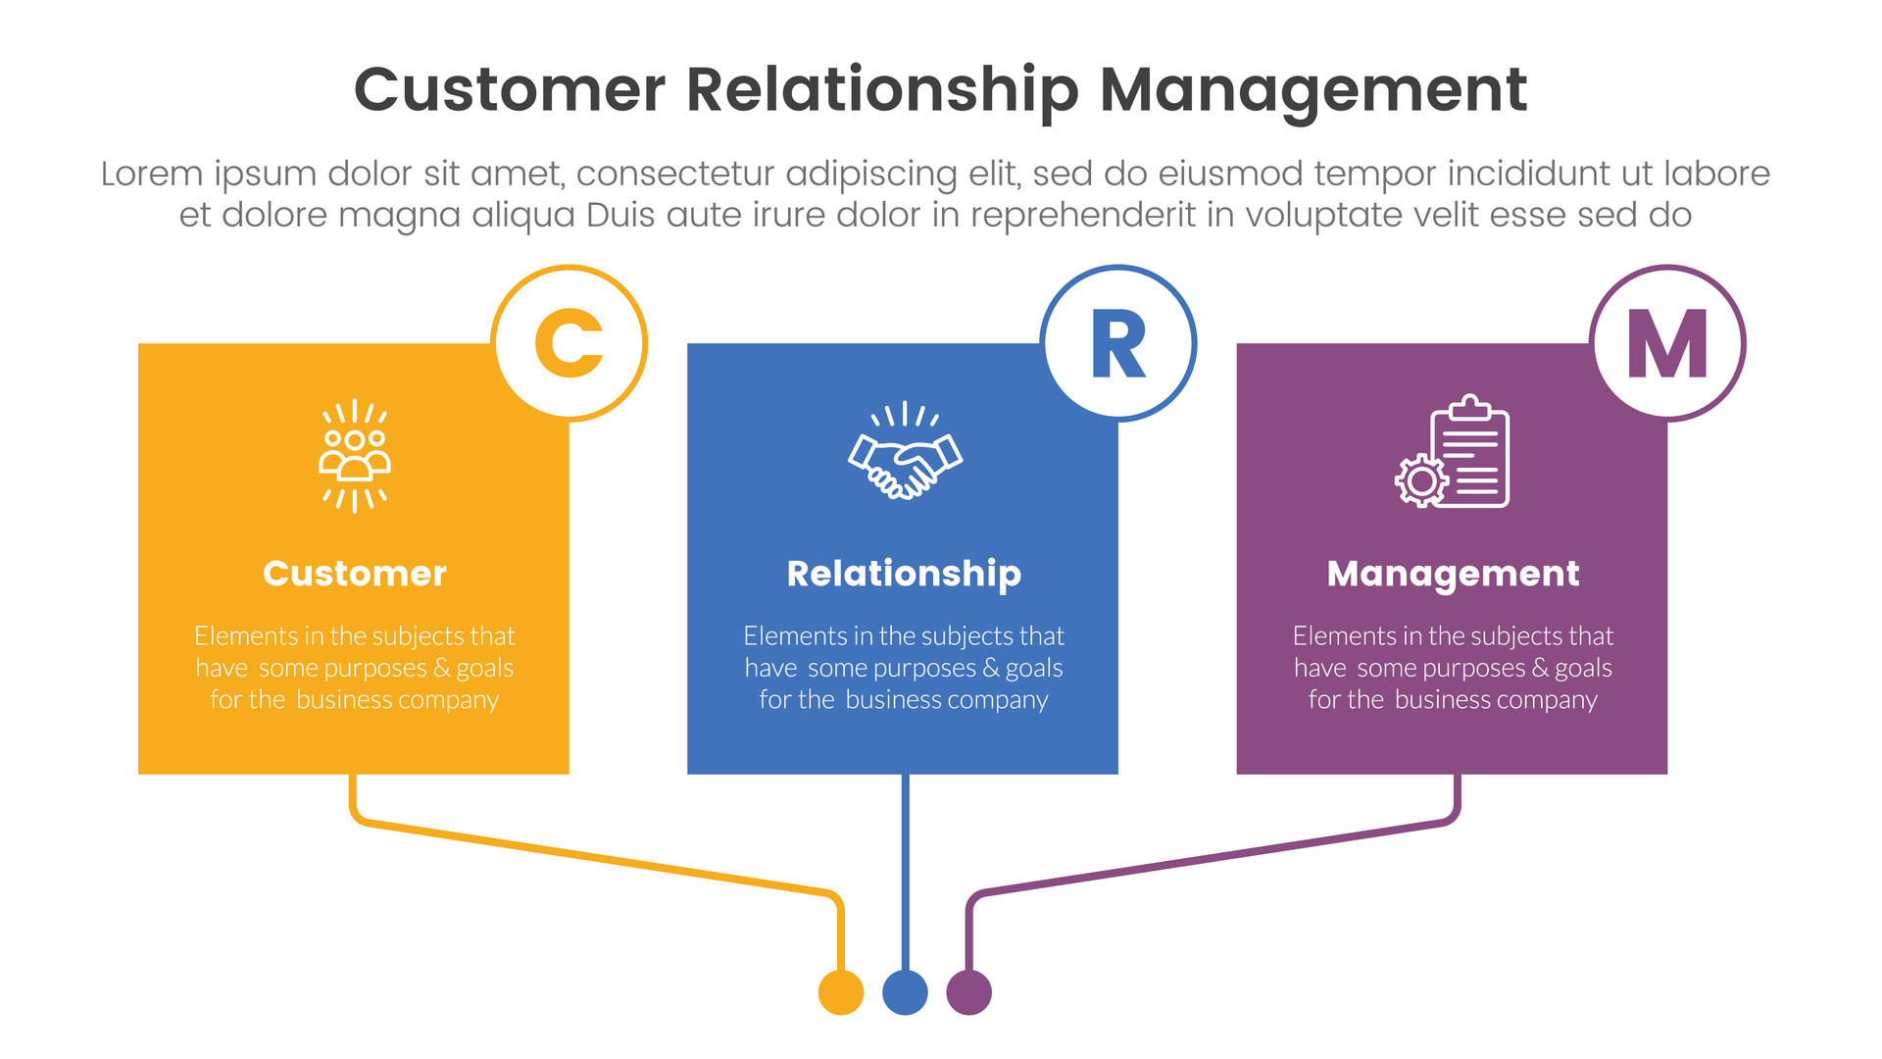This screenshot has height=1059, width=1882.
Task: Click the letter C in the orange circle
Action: pos(569,343)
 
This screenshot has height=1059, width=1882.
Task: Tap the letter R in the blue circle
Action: pos(1117,344)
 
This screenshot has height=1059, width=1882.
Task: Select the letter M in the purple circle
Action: pos(1667,344)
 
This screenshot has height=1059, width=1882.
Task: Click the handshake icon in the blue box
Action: pos(904,453)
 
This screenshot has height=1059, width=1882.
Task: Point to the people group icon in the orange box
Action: pos(355,455)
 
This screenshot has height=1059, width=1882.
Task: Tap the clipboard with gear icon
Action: pos(1453,453)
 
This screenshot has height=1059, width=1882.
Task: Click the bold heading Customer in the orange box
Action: pos(355,574)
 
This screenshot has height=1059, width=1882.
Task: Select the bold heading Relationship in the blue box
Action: pos(904,574)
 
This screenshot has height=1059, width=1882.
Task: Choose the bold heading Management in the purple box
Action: pos(1453,574)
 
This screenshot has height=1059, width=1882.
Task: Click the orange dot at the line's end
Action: pos(841,992)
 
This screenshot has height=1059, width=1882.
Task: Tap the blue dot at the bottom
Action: pos(905,992)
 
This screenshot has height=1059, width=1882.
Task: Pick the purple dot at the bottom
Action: pos(968,992)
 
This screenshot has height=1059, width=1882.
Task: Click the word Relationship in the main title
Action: pos(882,90)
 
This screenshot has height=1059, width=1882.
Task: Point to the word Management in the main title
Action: pos(1313,90)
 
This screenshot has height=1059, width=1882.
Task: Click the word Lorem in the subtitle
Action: pos(153,174)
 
